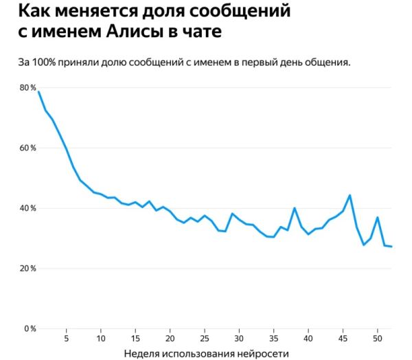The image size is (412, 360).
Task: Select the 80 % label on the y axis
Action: pos(27,88)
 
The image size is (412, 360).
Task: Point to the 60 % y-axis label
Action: pos(27,148)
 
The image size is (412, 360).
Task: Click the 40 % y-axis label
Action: pos(27,208)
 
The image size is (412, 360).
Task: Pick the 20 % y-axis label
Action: pos(27,269)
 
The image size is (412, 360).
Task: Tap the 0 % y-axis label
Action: pos(30,328)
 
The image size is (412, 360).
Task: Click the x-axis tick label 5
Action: pos(66,339)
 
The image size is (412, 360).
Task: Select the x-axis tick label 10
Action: pos(101,339)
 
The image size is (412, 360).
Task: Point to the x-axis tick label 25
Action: pos(205,339)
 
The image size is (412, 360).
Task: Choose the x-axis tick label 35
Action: pos(274,339)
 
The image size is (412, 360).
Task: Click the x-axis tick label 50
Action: pos(378,339)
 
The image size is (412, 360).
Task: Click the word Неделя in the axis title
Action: pos(143,353)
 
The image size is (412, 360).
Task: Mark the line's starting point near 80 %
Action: pos(38,91)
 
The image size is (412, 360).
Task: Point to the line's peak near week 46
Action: pos(350,195)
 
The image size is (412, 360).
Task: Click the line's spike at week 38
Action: pos(295,208)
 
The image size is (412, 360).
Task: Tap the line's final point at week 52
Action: pos(391,247)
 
